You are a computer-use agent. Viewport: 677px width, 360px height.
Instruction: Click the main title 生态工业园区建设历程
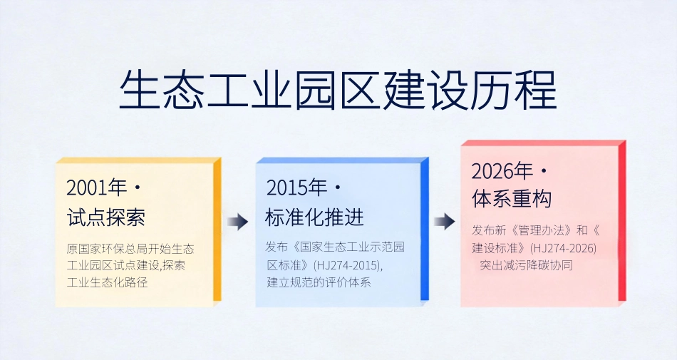point(338,90)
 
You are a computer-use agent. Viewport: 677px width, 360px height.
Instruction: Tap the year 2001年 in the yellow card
point(96,187)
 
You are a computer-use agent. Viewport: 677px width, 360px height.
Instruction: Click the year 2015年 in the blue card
point(296,187)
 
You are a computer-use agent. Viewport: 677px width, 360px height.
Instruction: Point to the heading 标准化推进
point(314,217)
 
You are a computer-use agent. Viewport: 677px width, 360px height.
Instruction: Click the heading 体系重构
point(512,200)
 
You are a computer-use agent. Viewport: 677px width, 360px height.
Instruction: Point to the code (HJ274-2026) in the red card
point(563,248)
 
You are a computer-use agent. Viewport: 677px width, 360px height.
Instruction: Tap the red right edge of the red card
point(621,221)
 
